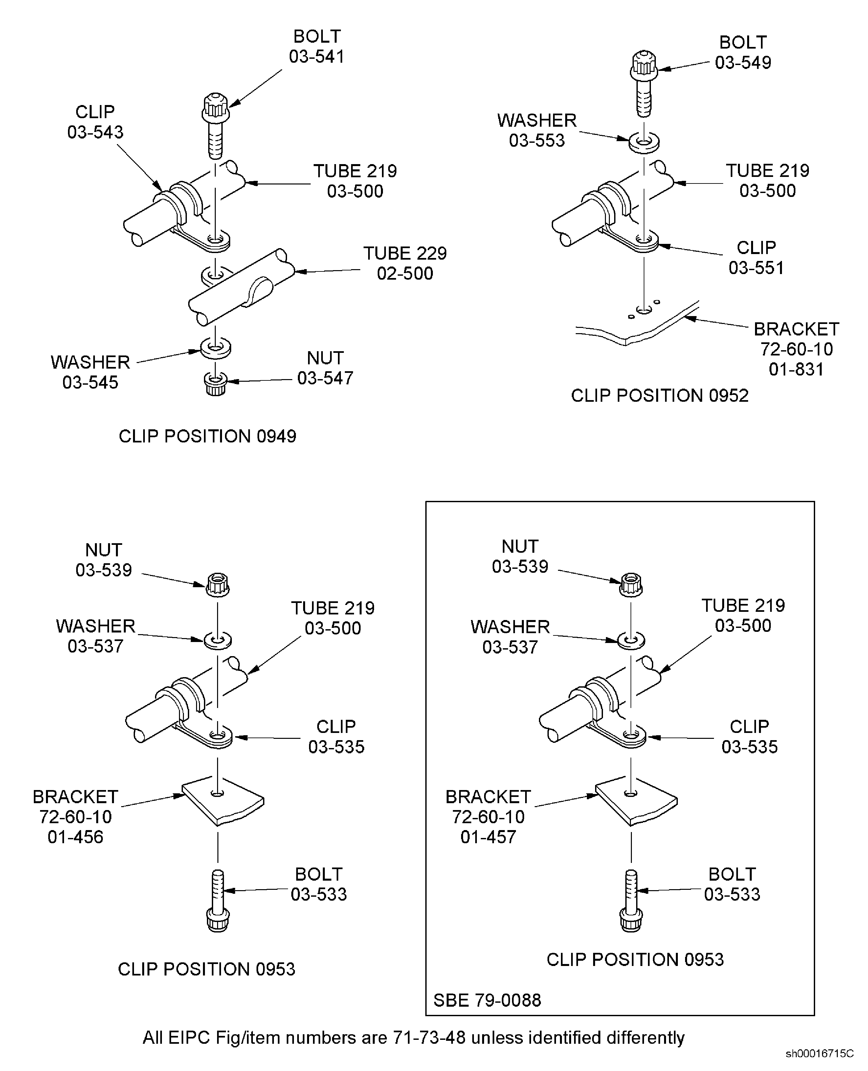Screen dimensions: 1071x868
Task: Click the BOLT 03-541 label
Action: [317, 47]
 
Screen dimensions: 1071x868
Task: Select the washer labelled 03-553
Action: [644, 141]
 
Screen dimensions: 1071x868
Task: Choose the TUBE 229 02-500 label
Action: [405, 263]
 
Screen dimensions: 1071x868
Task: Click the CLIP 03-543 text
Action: [95, 122]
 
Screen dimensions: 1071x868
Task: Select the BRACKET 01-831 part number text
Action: [796, 369]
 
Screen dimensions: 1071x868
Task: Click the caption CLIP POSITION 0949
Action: [207, 436]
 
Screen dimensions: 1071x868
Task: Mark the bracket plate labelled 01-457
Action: [636, 801]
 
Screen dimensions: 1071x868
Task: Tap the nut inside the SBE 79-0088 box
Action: [631, 585]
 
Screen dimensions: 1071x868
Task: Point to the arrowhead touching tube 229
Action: [299, 272]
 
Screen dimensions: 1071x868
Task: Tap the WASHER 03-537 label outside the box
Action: [96, 636]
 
